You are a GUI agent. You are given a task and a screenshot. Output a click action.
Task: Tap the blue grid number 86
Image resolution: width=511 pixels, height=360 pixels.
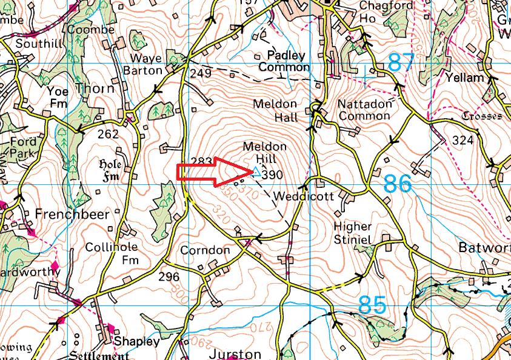click(397, 184)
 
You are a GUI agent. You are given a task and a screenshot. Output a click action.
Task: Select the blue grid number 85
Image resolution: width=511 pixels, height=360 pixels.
click(373, 304)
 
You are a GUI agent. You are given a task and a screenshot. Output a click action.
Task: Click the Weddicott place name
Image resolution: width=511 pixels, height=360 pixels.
click(295, 196)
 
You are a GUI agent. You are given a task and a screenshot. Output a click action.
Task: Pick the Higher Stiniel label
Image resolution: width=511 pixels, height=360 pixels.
click(353, 233)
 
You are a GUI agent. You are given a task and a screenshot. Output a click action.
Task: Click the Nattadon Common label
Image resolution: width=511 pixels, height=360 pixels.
click(364, 110)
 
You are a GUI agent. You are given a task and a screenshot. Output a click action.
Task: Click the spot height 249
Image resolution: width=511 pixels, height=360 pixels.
click(201, 74)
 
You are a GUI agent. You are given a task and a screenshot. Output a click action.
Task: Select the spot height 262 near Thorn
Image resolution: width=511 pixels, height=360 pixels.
click(108, 135)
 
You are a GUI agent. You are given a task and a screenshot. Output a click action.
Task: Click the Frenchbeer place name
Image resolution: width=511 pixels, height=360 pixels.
click(73, 214)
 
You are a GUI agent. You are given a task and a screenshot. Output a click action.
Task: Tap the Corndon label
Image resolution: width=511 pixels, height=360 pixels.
click(205, 250)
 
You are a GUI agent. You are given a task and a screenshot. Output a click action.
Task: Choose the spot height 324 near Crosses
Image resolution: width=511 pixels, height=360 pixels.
click(463, 141)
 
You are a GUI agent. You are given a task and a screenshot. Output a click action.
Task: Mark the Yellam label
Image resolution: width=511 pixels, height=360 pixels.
click(464, 78)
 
